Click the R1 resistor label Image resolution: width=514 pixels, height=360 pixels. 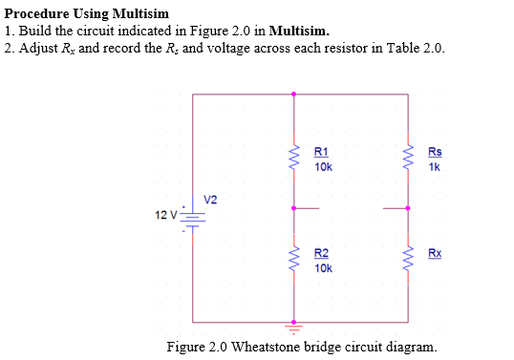(321, 152)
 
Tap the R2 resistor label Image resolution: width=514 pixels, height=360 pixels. (321, 253)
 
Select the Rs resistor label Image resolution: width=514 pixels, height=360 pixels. (435, 152)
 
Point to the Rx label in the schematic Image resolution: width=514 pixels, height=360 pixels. (435, 253)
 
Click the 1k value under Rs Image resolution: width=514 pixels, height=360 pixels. (435, 166)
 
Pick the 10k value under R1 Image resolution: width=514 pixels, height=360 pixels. (323, 166)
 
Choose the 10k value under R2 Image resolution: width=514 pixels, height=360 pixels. (323, 268)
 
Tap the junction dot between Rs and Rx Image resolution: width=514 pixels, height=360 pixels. (409, 207)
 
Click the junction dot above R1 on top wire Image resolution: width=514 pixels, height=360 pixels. (293, 94)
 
